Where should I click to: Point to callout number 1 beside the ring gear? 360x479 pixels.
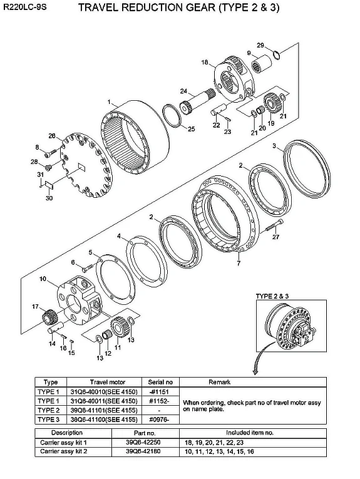coord(109,101)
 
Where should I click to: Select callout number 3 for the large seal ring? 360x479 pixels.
coord(274,145)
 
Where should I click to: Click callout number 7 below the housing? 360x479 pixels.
coord(238,264)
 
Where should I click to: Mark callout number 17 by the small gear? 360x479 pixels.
coord(36,306)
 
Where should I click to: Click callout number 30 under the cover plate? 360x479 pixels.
coord(48,198)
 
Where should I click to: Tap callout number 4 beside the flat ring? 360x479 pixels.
coord(119,236)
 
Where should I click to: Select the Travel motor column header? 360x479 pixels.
coord(108,382)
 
